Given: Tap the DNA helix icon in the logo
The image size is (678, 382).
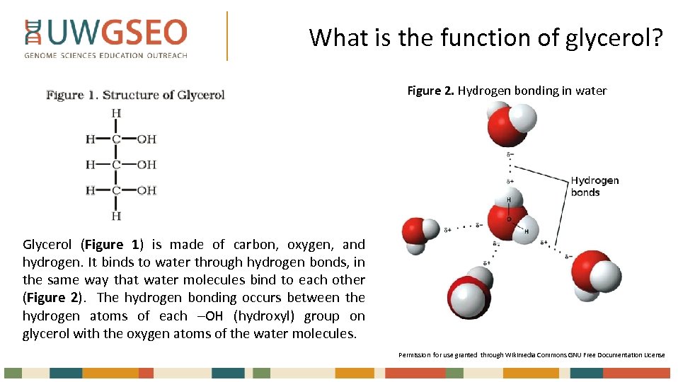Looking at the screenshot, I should click(32, 33).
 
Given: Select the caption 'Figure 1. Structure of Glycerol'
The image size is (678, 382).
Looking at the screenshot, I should click(135, 95).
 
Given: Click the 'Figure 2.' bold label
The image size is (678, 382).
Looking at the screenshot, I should click(430, 91).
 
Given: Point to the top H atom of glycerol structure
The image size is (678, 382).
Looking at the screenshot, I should click(116, 113).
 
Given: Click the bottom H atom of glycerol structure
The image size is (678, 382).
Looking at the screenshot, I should click(116, 216).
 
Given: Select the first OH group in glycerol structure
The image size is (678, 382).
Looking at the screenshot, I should click(146, 139).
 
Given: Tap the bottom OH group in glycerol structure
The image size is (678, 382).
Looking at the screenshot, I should click(146, 190).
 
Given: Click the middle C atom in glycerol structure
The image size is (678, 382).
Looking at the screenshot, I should click(116, 165).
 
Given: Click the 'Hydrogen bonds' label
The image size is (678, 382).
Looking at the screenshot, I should click(594, 186).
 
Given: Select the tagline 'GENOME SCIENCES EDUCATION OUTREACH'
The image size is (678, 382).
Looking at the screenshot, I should click(106, 55).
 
